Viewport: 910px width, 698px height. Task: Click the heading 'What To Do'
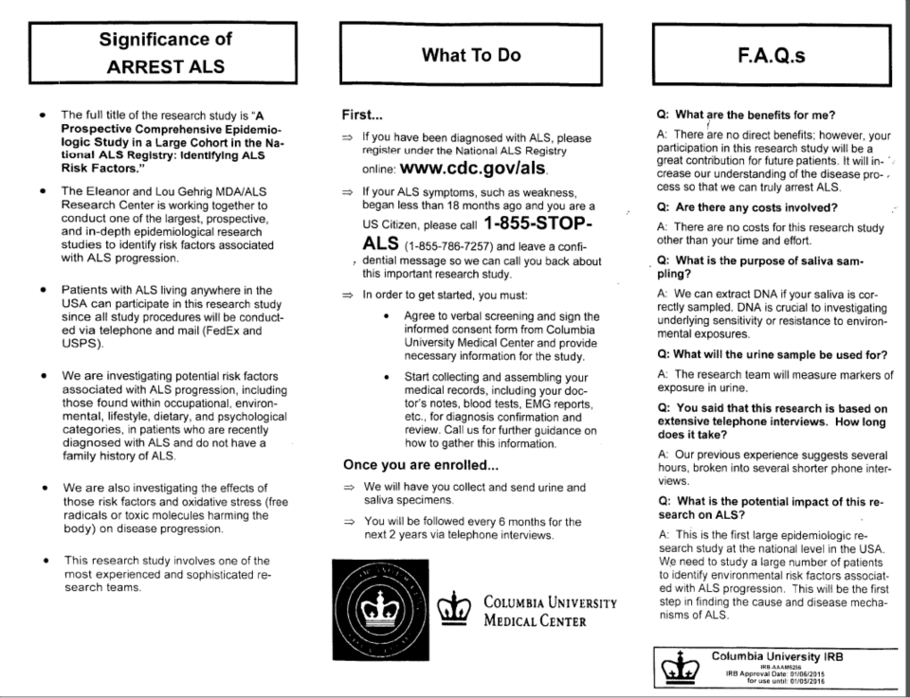click(x=471, y=56)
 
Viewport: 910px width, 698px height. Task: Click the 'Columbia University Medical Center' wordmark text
click(x=551, y=612)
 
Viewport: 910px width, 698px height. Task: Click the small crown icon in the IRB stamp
click(x=675, y=665)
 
